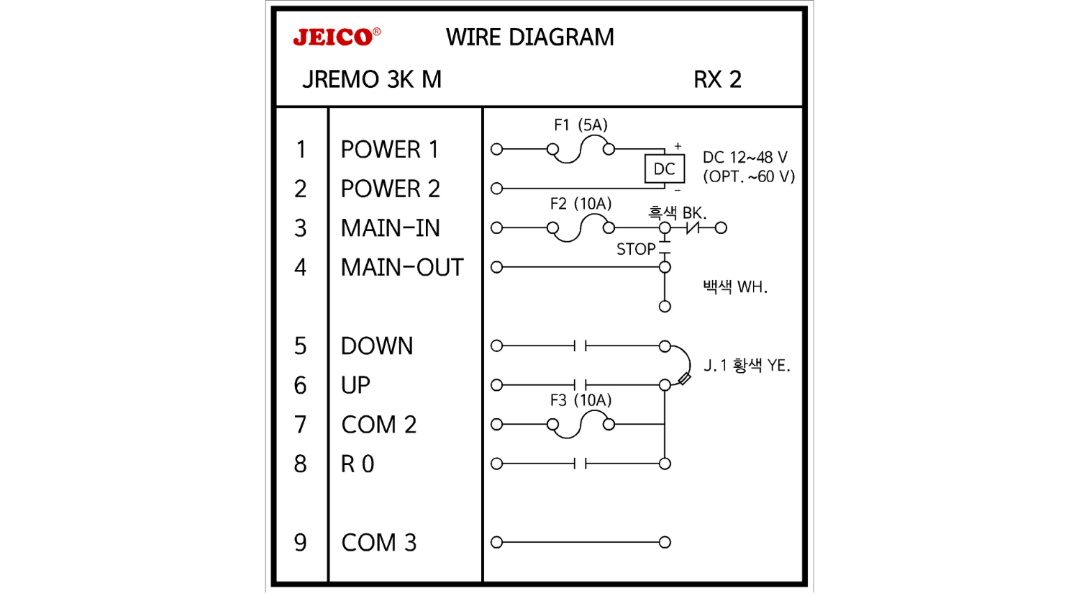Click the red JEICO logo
(x=335, y=37)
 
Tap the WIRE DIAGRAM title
(x=529, y=37)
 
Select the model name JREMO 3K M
(x=371, y=79)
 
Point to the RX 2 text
(x=717, y=79)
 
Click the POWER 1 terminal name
(x=389, y=150)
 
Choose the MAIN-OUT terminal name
(x=402, y=268)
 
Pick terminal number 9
(x=301, y=543)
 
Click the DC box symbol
(x=664, y=169)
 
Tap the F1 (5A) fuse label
(x=581, y=125)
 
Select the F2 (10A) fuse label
(x=581, y=204)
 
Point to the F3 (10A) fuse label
(x=581, y=400)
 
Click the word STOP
(x=636, y=249)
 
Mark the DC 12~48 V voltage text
(x=745, y=158)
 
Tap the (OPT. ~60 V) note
(x=749, y=177)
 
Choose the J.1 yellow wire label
(x=747, y=366)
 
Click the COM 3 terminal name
(x=378, y=543)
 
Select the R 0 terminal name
(x=358, y=464)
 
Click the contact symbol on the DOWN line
(x=581, y=346)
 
